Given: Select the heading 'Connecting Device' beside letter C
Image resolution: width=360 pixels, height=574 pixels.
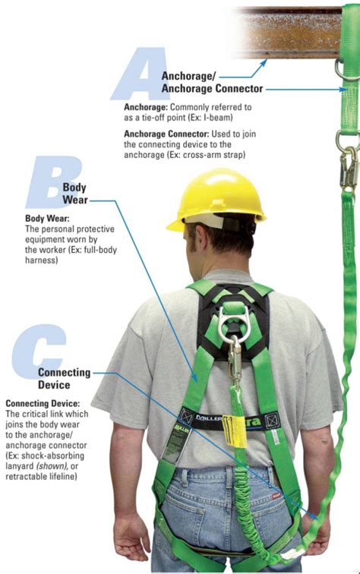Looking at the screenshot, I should pyautogui.click(x=64, y=379).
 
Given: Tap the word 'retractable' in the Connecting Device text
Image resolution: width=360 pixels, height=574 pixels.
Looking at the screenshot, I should pyautogui.click(x=30, y=478).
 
